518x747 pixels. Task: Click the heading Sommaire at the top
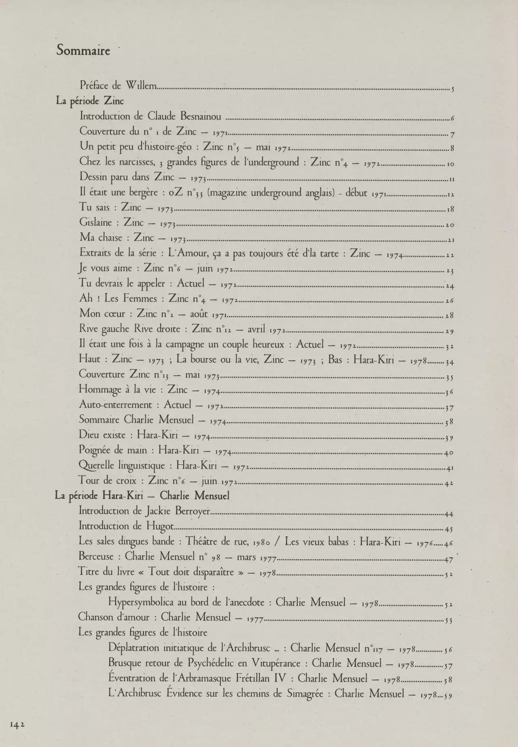(x=83, y=51)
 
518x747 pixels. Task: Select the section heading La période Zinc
(x=90, y=101)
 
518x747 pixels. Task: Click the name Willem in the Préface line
(x=141, y=85)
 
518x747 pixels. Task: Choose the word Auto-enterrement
(x=116, y=405)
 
